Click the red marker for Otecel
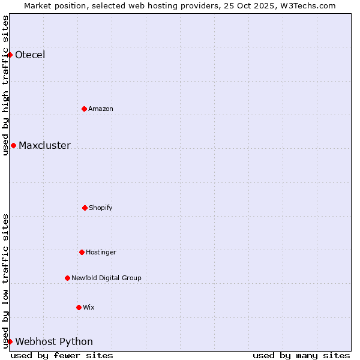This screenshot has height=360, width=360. (10, 55)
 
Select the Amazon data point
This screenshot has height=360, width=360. (84, 109)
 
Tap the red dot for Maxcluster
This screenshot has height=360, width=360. (13, 145)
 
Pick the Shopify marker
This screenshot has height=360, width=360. (85, 208)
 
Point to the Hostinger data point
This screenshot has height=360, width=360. (82, 252)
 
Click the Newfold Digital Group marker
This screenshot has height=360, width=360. (67, 278)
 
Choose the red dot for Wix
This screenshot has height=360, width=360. (79, 307)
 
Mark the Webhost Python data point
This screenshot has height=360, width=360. (10, 341)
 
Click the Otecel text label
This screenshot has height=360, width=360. (30, 55)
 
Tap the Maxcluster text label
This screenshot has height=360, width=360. (44, 146)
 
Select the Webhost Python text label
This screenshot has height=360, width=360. (54, 342)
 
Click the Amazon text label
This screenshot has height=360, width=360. (101, 109)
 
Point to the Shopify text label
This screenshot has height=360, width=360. (101, 208)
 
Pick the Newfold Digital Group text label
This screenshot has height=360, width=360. (106, 278)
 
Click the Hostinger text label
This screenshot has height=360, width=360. (101, 253)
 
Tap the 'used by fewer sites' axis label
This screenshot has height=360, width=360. (62, 355)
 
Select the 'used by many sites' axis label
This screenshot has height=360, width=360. (301, 355)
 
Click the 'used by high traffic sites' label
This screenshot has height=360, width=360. (5, 85)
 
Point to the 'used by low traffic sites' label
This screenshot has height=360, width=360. (5, 281)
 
